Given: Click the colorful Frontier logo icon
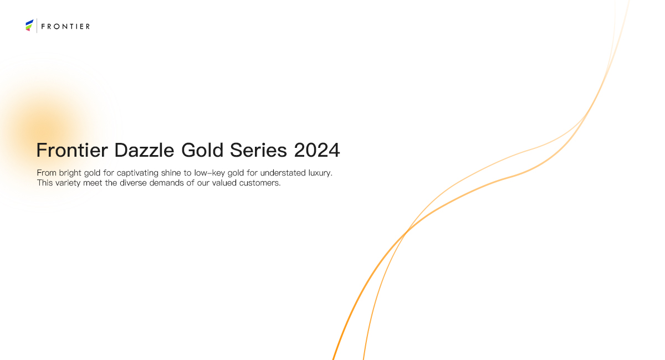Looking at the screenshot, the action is [x=29, y=25].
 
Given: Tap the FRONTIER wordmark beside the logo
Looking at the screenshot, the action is [x=65, y=27].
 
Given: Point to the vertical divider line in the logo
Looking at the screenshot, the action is [x=37, y=25].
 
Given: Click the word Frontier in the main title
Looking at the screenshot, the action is [x=72, y=150].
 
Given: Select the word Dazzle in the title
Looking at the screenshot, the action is [x=144, y=150].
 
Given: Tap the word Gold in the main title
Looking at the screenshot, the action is [x=202, y=150].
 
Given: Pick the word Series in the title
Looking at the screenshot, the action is [x=258, y=150].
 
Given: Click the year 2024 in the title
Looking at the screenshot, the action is [x=317, y=150].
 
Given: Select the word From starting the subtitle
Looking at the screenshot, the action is [x=47, y=173].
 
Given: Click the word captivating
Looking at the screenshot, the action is [x=137, y=173].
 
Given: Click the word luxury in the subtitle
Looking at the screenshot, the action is [x=320, y=173].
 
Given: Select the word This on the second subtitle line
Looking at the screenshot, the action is [x=45, y=183].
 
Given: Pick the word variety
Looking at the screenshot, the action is [x=68, y=183].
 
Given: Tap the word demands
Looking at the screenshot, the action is [x=167, y=183].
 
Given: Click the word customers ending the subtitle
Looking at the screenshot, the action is [x=260, y=183].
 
